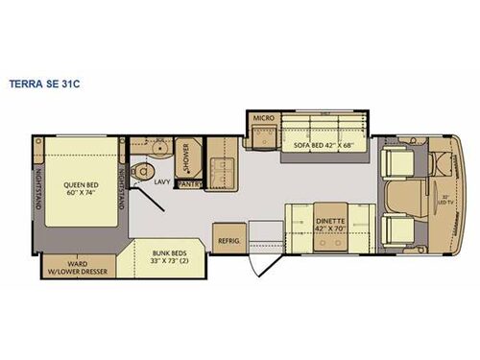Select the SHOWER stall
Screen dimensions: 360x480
point(187,155)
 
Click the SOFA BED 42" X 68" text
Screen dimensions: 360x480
point(324,147)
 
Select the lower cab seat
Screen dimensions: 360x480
point(397,229)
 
